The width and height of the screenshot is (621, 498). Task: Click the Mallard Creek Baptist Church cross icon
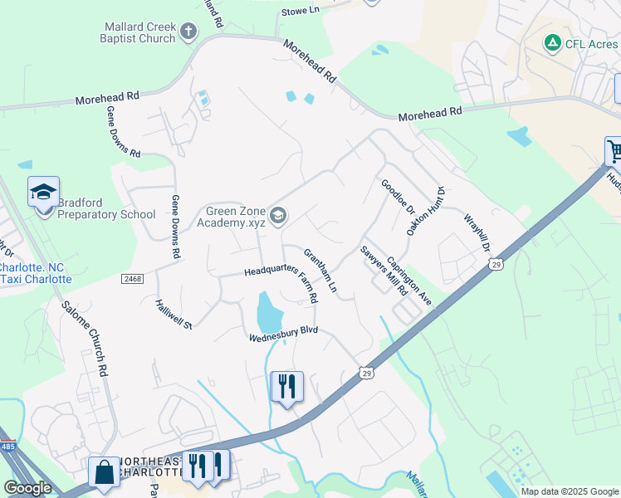point(188,32)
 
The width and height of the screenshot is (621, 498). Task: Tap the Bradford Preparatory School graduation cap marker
point(43,193)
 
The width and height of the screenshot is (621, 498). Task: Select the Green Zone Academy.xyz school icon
point(277,216)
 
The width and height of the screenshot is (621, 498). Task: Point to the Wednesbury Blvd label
point(284,334)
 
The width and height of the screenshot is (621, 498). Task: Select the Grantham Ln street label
point(320,270)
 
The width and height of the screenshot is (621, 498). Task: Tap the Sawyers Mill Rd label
point(376,267)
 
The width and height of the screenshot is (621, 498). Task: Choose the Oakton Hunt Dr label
point(425,210)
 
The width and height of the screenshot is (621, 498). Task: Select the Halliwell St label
point(174,314)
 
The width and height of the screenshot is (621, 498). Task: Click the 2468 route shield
point(132,278)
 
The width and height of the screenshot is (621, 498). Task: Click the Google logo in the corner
point(27,488)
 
